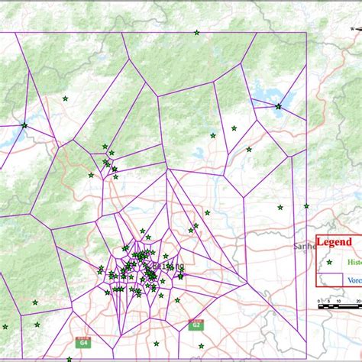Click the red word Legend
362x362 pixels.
[335, 241]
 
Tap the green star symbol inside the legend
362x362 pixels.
[330, 261]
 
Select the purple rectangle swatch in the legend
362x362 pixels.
[330, 279]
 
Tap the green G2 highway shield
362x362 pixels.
[196, 325]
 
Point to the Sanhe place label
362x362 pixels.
[305, 247]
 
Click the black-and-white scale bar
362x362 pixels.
[339, 306]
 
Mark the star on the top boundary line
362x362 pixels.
[197, 33]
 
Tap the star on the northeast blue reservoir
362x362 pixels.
[278, 106]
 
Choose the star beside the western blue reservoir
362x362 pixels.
[24, 125]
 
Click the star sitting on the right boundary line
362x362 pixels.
[306, 205]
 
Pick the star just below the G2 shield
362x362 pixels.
[199, 345]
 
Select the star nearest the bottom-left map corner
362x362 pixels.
[5, 327]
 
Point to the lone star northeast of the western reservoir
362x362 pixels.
[65, 99]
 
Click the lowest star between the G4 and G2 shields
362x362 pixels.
[157, 344]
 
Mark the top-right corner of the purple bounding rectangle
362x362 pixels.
[306, 33]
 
